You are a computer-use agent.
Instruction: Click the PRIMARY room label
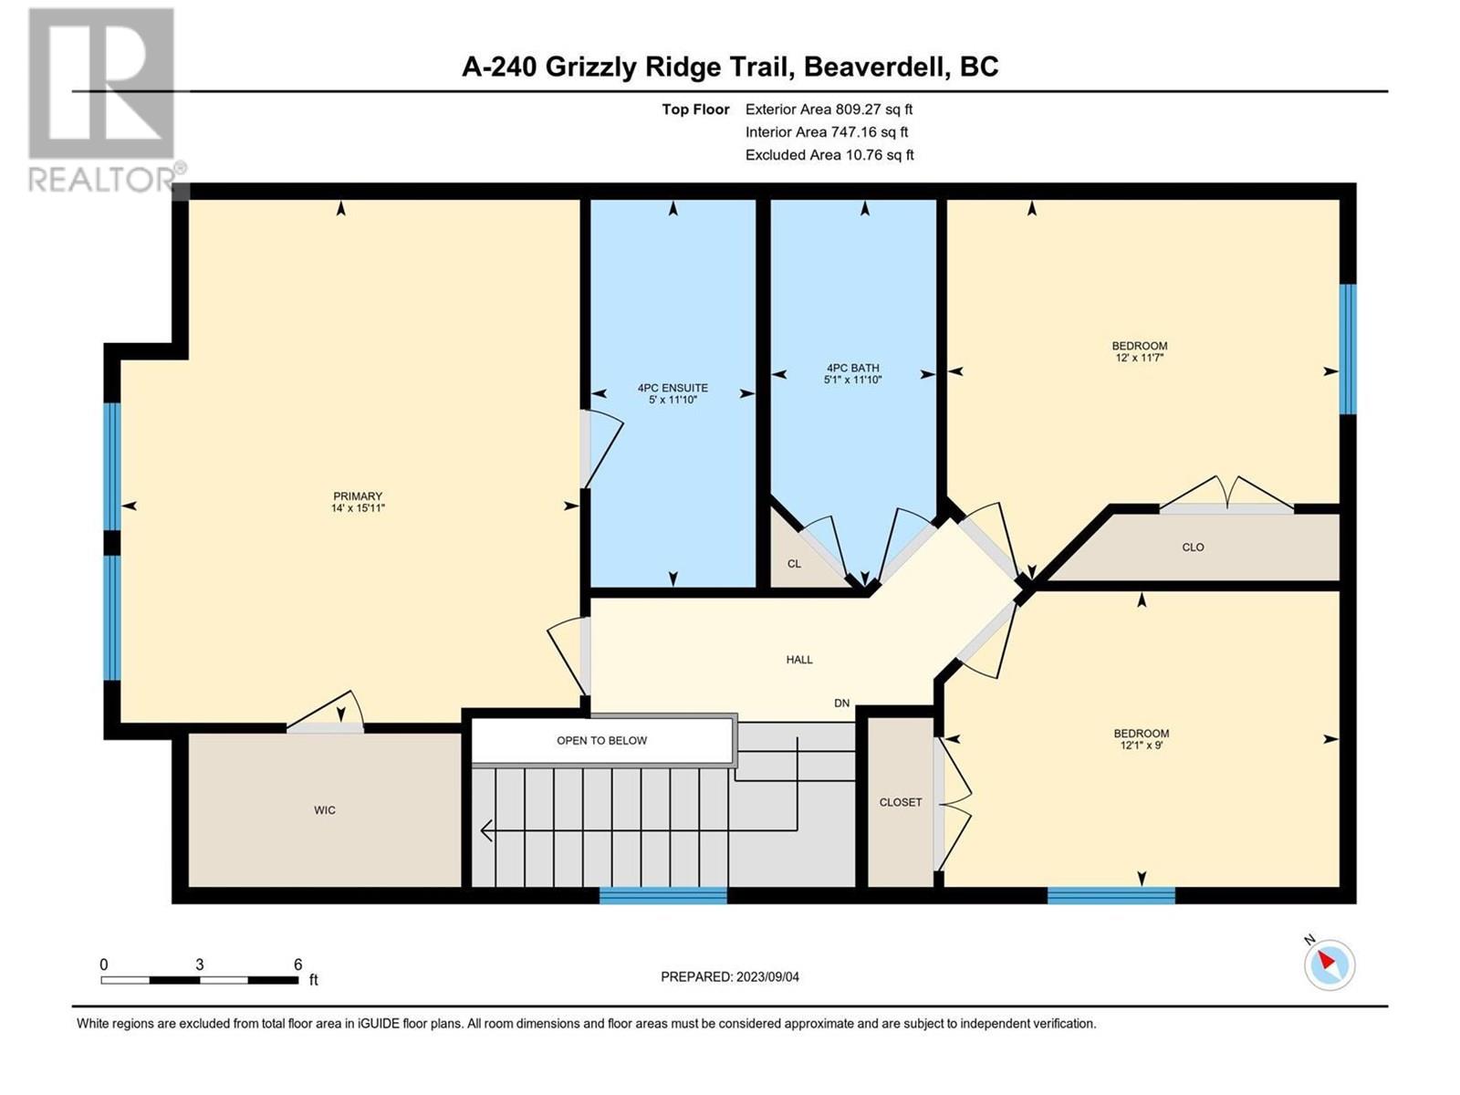coord(358,496)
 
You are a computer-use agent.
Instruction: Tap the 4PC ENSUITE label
coord(673,388)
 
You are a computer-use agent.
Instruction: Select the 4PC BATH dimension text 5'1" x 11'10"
coord(852,380)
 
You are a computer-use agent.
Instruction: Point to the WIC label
coord(325,809)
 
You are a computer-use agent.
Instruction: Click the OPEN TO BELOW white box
coord(602,740)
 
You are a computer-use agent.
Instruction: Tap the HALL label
coord(799,660)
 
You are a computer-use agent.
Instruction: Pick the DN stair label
coord(842,703)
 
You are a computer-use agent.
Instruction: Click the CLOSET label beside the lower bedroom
coord(901,802)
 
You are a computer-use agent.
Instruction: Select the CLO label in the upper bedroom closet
coord(1194,547)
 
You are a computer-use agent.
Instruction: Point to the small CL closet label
coord(794,564)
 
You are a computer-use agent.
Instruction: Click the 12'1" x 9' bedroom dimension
coord(1142,746)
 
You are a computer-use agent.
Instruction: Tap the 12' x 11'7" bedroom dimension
coord(1140,357)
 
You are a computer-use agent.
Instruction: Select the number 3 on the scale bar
coord(199,965)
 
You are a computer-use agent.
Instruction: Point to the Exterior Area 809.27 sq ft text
coord(829,109)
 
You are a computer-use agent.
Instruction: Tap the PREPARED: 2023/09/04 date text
coord(730,976)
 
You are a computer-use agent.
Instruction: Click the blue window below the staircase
coord(662,895)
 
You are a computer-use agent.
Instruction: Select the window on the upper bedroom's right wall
coord(1348,349)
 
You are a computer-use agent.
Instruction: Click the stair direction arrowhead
coord(486,830)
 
